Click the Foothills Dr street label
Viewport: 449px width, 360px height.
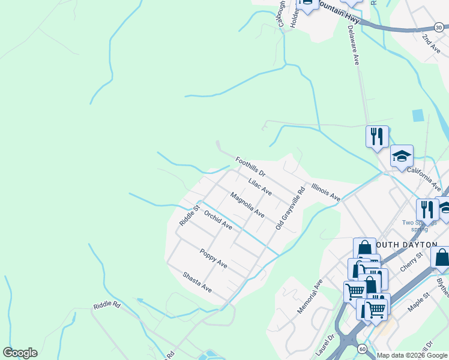click(x=250, y=167)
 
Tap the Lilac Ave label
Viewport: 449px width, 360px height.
click(x=260, y=186)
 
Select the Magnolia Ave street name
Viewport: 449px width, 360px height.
click(x=247, y=205)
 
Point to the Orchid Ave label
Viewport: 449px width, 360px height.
click(x=218, y=220)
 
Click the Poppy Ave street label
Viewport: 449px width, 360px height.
click(x=214, y=259)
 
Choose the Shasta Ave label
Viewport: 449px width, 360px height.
click(x=197, y=281)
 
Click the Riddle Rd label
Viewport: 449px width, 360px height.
click(x=107, y=305)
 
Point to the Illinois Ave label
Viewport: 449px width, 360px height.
click(x=325, y=192)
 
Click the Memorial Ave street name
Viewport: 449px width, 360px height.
click(x=310, y=296)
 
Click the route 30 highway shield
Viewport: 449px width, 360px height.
click(x=439, y=28)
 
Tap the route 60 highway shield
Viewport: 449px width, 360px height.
click(x=362, y=348)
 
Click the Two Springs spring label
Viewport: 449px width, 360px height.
click(x=419, y=226)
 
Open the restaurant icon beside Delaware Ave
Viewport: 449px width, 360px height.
click(x=377, y=136)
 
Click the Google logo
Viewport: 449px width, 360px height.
click(x=20, y=353)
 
